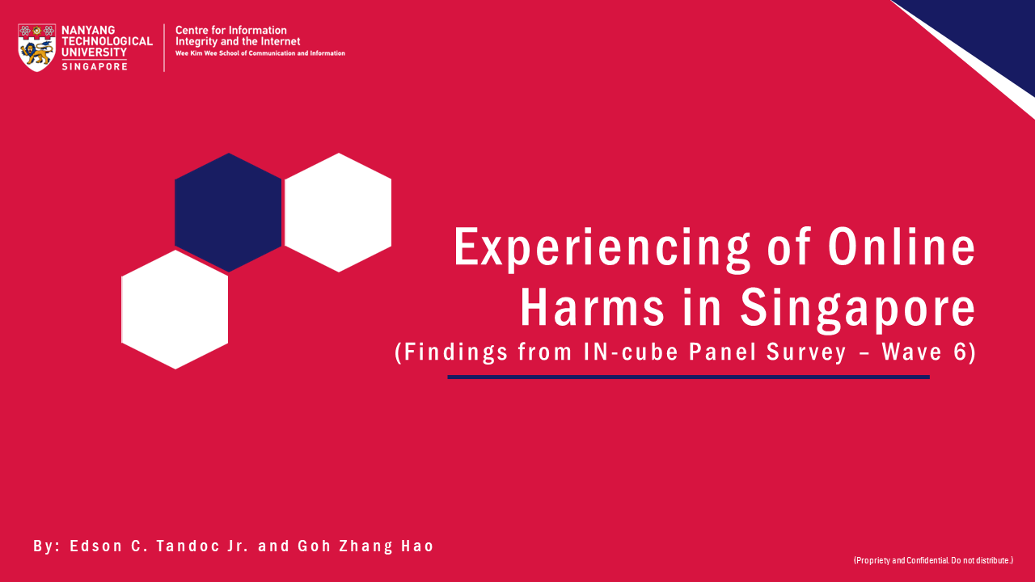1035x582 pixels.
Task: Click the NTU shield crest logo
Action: point(37,48)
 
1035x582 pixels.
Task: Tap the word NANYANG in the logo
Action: point(88,31)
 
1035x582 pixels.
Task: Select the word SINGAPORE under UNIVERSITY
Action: point(95,66)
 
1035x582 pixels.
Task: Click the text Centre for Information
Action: point(231,31)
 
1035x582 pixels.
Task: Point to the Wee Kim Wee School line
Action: point(260,53)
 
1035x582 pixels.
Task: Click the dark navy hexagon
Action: point(228,213)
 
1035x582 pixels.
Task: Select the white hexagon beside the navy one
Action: point(338,213)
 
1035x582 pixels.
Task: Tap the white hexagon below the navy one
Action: point(175,310)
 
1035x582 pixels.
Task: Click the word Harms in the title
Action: point(593,306)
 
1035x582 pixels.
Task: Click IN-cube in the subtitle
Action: point(631,352)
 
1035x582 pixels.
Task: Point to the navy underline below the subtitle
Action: point(688,377)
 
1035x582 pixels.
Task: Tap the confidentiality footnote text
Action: point(933,560)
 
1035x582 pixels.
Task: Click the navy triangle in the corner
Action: point(989,32)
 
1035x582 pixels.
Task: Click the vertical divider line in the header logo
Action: point(164,48)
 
